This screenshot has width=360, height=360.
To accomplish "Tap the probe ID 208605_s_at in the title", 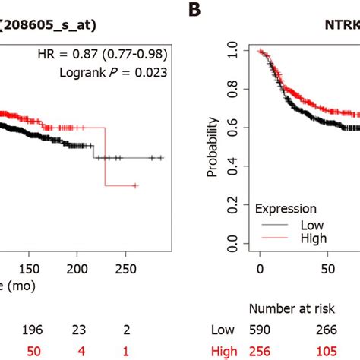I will (x=52, y=21).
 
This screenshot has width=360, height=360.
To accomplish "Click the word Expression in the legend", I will (x=286, y=208).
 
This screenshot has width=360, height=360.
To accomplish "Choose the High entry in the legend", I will (x=313, y=238).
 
